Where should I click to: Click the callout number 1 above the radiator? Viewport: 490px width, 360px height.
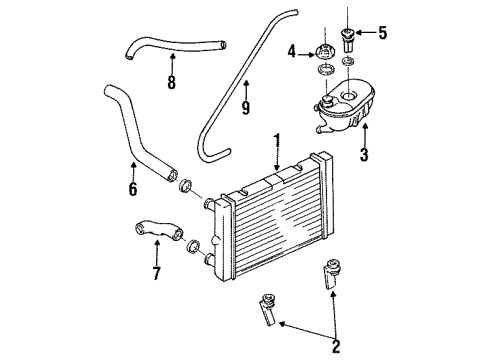coord(277,143)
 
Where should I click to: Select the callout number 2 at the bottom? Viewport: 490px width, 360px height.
coord(336,347)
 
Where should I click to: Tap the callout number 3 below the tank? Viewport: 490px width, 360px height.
coord(364,154)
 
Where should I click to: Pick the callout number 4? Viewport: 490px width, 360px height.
coord(292,52)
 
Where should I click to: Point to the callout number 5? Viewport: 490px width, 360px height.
coord(382,33)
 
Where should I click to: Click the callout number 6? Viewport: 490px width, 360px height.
coord(133,189)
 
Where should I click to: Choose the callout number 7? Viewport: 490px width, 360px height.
coord(156,273)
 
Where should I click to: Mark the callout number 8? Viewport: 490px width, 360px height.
coord(171,82)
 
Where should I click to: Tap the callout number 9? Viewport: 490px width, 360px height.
coord(246,107)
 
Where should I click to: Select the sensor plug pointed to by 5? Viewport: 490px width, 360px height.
coord(348,40)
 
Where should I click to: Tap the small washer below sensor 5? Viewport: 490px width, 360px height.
coord(348,61)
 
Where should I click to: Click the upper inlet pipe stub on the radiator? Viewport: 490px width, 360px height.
coord(209,203)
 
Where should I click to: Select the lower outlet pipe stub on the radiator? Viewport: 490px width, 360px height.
coord(210,259)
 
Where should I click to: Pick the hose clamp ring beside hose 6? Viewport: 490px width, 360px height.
coord(185,186)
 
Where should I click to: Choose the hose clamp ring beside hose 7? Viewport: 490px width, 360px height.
coord(193,246)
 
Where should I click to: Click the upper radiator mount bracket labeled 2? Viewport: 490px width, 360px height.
coord(331,273)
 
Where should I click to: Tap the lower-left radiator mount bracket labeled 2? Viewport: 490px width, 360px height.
coord(268,309)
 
